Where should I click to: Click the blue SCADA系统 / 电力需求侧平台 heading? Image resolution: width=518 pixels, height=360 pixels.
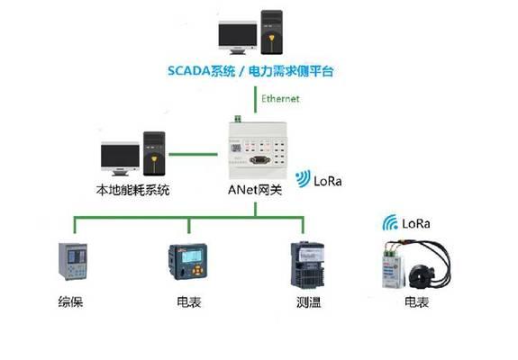click(x=250, y=71)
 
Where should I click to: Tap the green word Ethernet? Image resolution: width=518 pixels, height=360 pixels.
click(x=280, y=99)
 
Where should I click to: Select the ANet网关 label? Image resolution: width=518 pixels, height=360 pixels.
click(x=255, y=190)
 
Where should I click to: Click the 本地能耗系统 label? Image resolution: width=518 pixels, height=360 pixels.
click(x=132, y=190)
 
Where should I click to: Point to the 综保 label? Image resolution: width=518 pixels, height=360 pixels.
click(x=70, y=301)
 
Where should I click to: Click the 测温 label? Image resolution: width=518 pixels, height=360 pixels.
click(x=309, y=301)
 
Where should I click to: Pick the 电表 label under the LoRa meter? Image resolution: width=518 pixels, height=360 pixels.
click(x=417, y=301)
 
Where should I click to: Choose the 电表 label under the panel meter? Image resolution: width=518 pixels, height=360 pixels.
click(x=189, y=301)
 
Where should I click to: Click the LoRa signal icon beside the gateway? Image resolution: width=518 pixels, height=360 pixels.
click(x=304, y=178)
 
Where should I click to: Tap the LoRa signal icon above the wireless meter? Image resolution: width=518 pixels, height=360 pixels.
click(x=390, y=222)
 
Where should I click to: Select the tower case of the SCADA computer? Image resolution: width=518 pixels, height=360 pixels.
click(x=271, y=32)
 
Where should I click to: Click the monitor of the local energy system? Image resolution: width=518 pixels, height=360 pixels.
click(x=120, y=158)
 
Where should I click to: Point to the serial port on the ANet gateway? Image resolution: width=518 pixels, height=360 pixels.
click(x=260, y=160)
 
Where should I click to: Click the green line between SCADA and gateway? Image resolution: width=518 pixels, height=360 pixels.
click(x=255, y=99)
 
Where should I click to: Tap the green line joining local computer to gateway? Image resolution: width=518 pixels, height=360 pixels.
click(x=194, y=154)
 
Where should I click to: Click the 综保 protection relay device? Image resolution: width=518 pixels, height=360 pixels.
click(x=73, y=261)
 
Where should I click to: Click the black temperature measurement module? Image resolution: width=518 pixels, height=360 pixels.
click(x=307, y=265)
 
